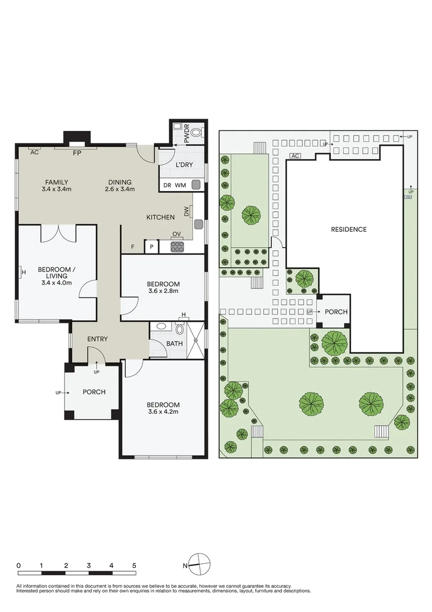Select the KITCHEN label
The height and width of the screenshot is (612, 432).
[160, 217]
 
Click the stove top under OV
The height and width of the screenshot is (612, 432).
[177, 246]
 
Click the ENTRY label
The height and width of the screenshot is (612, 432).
[97, 339]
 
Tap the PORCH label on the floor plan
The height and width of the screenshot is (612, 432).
[94, 392]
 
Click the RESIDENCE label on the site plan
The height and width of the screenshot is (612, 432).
[348, 229]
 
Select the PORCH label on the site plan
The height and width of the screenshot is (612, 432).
[336, 312]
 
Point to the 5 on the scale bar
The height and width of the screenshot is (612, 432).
[134, 566]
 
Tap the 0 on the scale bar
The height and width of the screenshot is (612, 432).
[19, 566]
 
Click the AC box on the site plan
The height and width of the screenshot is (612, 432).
[294, 155]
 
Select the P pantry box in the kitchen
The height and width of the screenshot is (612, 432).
[152, 246]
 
